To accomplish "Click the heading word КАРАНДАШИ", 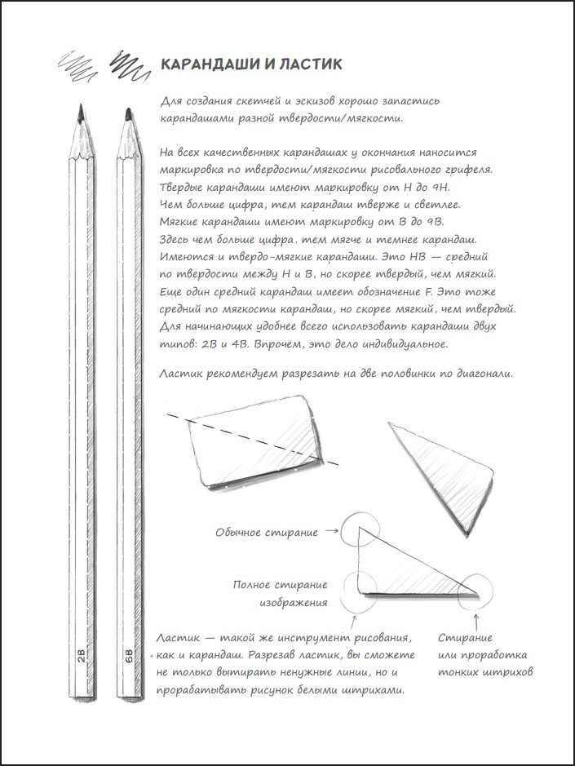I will point(208,64).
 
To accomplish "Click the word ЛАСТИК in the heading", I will point(307,64).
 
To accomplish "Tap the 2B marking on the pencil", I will point(80,658).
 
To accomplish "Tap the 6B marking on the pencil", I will point(129,658).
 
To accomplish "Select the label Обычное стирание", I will point(267,533).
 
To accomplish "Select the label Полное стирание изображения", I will point(280,593).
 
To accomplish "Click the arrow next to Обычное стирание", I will point(331,532).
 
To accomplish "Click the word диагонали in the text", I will point(481,374).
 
